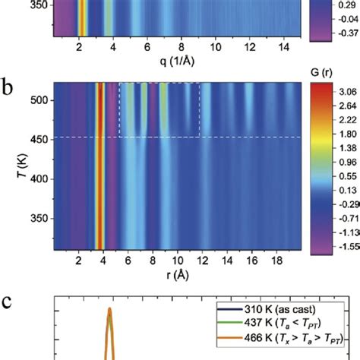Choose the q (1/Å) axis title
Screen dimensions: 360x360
170,60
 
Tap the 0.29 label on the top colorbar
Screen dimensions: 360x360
338,13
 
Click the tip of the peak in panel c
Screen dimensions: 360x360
110,309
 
